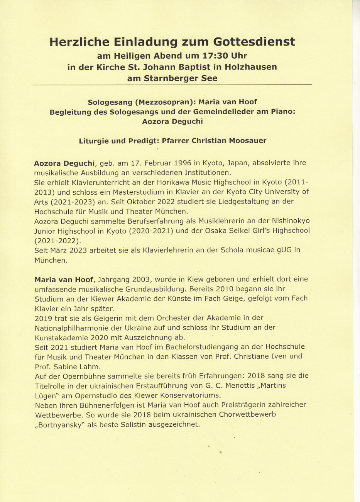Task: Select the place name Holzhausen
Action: click(x=251, y=67)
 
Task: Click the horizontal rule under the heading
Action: click(x=172, y=84)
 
